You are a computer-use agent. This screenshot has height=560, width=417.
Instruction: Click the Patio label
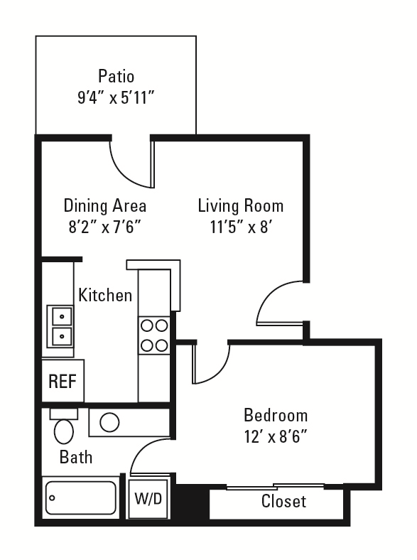(116, 77)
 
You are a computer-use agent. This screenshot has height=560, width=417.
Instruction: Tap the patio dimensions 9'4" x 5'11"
(116, 97)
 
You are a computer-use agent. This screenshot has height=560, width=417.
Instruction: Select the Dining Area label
(105, 205)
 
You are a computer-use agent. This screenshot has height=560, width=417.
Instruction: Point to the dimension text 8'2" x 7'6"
(105, 227)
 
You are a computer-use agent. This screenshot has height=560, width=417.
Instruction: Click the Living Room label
(241, 205)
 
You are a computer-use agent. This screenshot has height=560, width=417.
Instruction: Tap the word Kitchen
(105, 295)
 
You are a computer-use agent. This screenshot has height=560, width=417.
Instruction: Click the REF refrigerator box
(63, 381)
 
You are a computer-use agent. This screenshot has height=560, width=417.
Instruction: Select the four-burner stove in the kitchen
(154, 335)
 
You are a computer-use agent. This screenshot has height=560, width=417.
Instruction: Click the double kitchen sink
(60, 326)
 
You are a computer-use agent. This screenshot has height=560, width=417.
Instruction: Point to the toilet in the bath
(63, 426)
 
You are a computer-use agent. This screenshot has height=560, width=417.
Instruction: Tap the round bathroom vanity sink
(109, 423)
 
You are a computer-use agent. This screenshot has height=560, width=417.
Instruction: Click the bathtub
(81, 497)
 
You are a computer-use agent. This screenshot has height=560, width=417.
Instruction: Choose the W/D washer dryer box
(148, 499)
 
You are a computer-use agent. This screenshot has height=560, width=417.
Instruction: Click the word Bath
(76, 457)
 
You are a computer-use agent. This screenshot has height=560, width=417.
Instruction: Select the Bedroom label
(276, 415)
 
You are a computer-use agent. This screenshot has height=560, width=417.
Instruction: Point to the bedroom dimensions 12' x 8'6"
(276, 436)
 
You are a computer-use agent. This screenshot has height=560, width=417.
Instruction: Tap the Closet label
(283, 501)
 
